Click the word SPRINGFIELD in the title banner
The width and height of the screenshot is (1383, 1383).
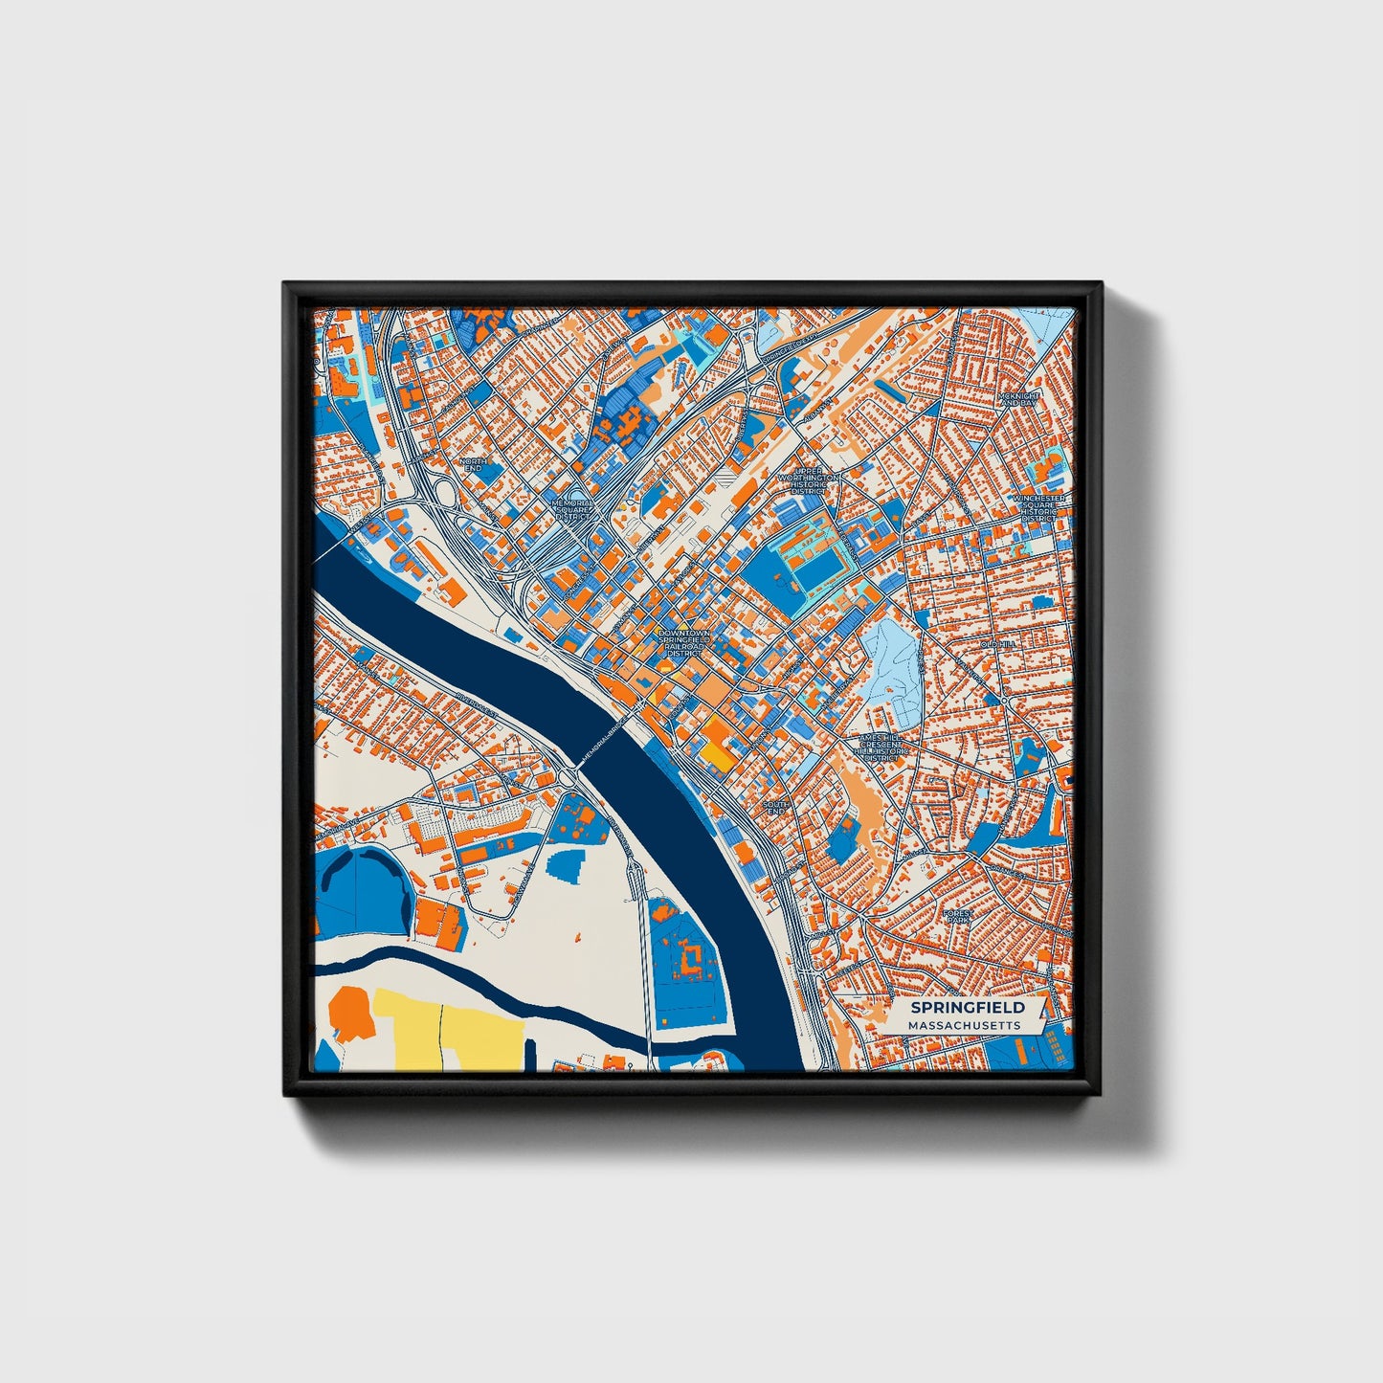[967, 1007]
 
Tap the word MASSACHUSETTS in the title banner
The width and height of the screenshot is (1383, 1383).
[965, 1025]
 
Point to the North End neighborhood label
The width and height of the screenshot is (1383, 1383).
[473, 464]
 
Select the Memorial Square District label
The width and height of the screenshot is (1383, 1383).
[573, 509]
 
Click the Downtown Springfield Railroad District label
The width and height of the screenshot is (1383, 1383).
[684, 643]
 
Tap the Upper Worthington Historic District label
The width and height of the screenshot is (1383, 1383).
[808, 483]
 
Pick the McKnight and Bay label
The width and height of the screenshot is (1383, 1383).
[1016, 399]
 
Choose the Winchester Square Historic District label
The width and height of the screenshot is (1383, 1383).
[1039, 510]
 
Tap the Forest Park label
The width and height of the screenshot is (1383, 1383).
[957, 917]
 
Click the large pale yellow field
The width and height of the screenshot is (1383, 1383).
[450, 1029]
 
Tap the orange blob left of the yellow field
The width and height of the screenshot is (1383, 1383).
[350, 1016]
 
